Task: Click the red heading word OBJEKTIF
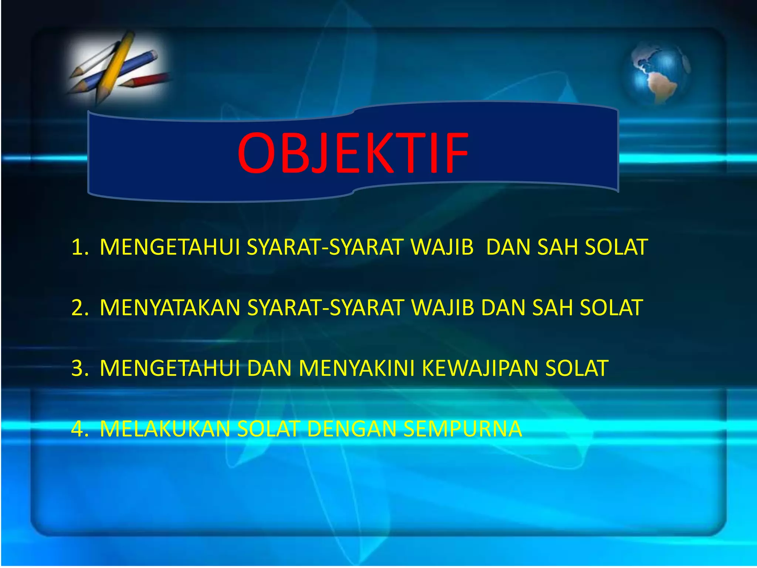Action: tap(353, 153)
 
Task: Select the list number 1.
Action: tap(79, 247)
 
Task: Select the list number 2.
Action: tap(79, 307)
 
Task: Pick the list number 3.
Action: tap(79, 368)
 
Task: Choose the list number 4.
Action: tap(79, 429)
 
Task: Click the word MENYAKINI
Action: tap(357, 368)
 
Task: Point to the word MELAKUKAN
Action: tap(165, 429)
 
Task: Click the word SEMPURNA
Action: tap(462, 429)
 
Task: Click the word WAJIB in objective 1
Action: tap(442, 247)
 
